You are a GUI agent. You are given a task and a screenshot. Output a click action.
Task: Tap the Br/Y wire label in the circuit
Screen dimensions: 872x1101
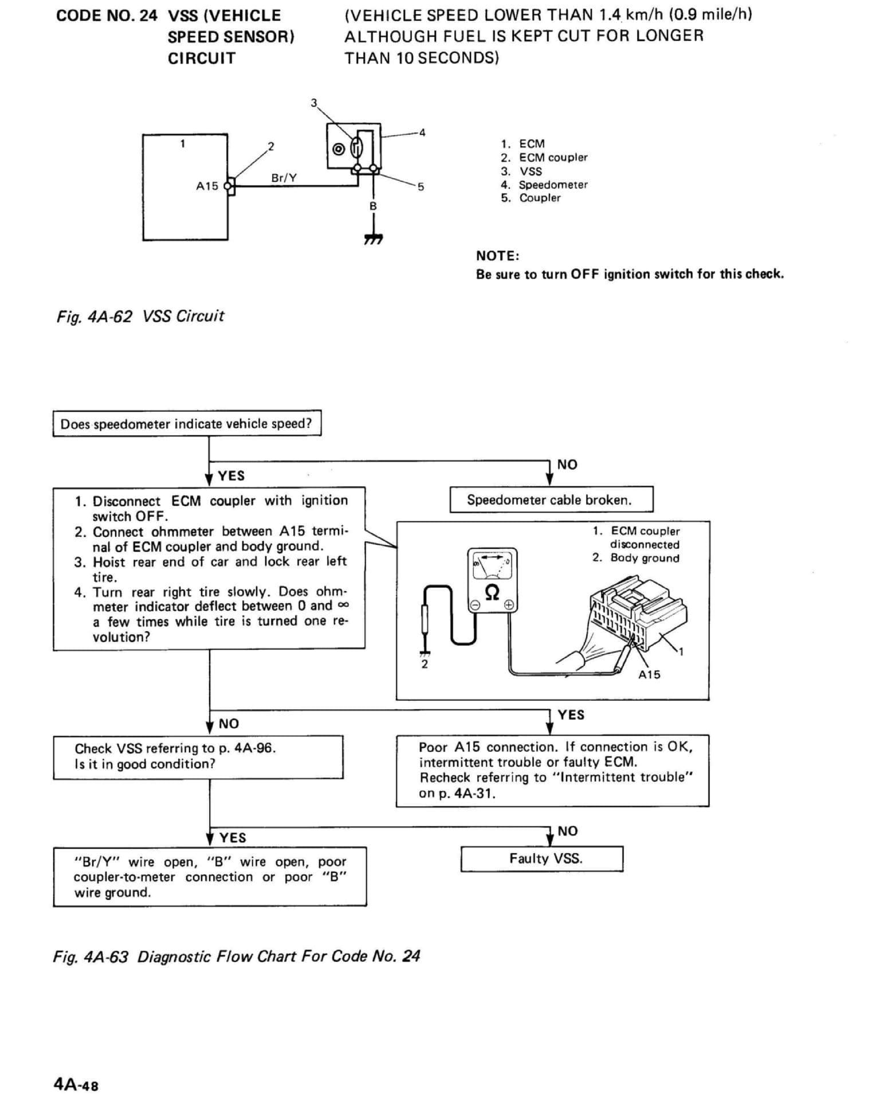[x=284, y=178]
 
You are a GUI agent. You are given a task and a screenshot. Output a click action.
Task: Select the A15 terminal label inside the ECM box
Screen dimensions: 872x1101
[x=207, y=186]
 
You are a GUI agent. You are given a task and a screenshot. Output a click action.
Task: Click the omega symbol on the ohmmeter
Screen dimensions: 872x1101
[x=492, y=592]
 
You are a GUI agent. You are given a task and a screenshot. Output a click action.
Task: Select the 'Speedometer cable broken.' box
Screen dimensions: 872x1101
[x=551, y=499]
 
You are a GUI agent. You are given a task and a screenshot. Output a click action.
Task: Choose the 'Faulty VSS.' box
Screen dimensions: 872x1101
[x=541, y=858]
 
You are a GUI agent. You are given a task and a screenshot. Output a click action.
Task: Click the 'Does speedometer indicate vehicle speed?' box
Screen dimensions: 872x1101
[x=187, y=424]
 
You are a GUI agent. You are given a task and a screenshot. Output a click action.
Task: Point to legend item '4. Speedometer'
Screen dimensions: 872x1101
[x=544, y=185]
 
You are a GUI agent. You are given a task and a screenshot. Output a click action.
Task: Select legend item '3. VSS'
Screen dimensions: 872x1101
[x=521, y=171]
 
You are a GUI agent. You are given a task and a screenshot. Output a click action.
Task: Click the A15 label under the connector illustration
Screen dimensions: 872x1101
[x=649, y=675]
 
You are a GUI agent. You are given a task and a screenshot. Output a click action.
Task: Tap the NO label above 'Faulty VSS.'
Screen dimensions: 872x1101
[x=567, y=831]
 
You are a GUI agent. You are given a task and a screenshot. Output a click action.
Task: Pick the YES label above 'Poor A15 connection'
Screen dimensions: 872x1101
[x=571, y=715]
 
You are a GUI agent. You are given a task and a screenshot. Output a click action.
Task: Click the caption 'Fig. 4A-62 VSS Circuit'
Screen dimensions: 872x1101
[x=140, y=316]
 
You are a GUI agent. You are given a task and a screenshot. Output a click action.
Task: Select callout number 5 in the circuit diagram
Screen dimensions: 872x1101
[x=421, y=187]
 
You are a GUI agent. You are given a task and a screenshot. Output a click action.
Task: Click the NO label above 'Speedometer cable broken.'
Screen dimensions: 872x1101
[x=567, y=464]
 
